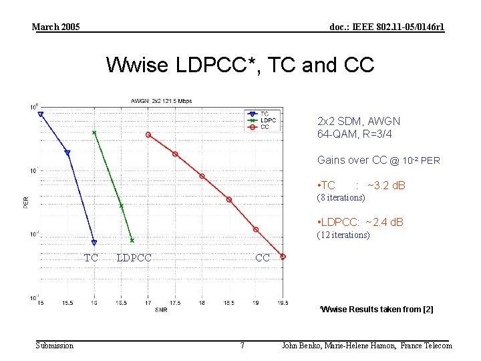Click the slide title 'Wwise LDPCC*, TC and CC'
coord(240,66)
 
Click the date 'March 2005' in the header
coord(56,27)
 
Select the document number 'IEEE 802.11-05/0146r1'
coord(387,27)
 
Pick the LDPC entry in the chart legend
coord(265,120)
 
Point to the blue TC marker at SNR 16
coord(94,243)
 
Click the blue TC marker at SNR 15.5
coord(67,153)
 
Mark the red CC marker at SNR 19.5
coord(283,257)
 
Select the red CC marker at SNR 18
coord(202,176)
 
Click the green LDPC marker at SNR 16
coord(94,132)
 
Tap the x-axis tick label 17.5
coord(175,303)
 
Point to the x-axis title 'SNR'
coord(161,310)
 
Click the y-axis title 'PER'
coord(26,201)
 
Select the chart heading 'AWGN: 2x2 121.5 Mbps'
coord(161,101)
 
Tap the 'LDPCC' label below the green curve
coord(134,257)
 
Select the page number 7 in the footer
coord(242,346)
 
